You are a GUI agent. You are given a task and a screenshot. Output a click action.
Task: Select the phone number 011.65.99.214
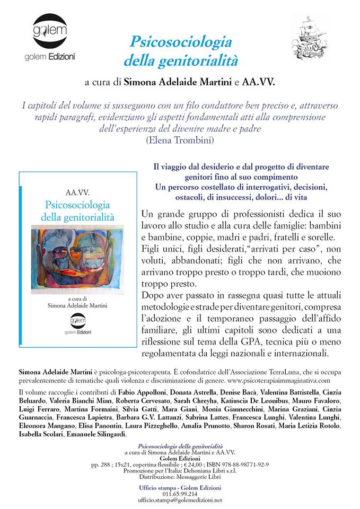[x=180, y=493]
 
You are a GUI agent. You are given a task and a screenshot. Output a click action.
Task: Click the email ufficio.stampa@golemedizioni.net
[x=180, y=499]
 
